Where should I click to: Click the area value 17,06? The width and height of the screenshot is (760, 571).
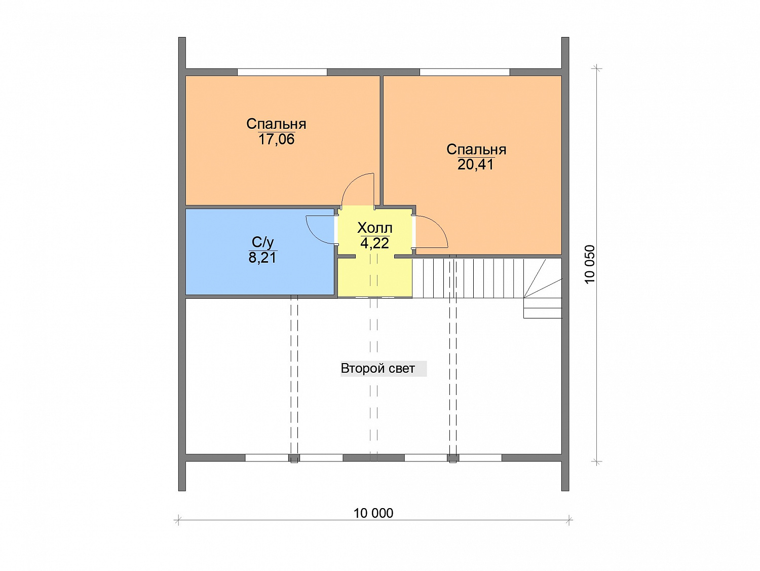pos(276,139)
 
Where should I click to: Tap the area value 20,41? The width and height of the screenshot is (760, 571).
pos(475,165)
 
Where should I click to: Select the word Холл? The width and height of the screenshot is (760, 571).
pos(374,228)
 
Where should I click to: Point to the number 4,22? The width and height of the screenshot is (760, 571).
pos(374,243)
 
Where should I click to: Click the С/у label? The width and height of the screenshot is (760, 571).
pos(263,242)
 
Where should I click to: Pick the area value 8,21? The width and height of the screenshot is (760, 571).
pos(263,258)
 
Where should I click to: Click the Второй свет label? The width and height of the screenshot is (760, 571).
pos(378,368)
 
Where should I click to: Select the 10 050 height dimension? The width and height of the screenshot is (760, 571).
pos(590,264)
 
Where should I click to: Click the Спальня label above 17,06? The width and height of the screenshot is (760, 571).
pos(276,124)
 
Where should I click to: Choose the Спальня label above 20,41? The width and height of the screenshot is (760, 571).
pos(476,149)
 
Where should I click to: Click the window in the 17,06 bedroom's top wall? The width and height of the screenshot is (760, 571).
pos(282,72)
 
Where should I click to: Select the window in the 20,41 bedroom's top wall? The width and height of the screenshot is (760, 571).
pos(465,72)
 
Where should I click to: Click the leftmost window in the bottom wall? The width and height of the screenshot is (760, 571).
pos(267,458)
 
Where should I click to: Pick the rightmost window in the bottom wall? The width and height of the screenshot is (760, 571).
pos(480,458)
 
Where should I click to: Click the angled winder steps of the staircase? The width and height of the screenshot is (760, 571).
pos(543,288)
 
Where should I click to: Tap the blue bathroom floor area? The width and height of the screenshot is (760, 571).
pos(260,274)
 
